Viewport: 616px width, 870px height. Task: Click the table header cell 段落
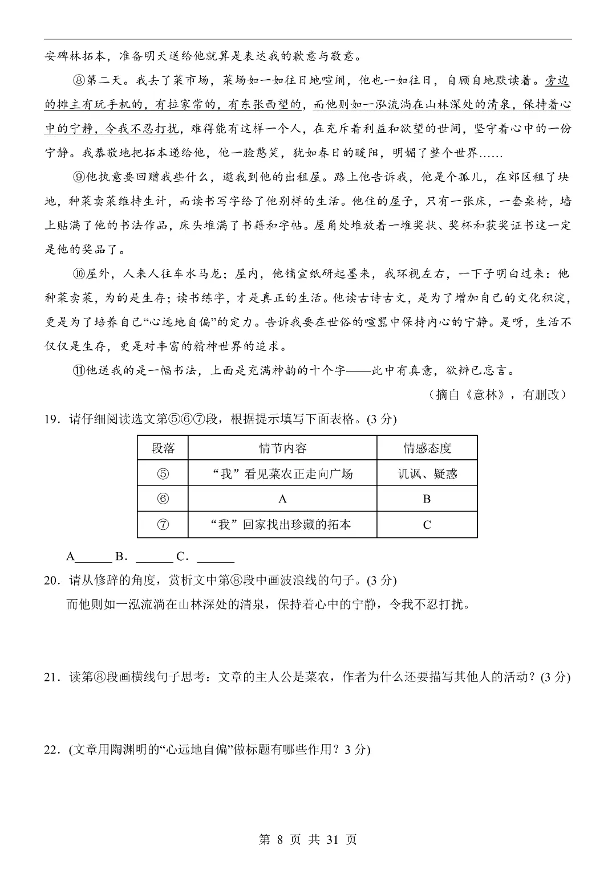163,448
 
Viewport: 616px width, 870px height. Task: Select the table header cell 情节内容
282,448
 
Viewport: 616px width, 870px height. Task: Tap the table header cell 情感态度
427,448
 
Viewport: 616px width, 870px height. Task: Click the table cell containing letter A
282,499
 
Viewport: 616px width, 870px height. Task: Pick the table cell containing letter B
427,499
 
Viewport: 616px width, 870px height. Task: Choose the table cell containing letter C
427,525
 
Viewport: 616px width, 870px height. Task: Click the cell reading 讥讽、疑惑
427,473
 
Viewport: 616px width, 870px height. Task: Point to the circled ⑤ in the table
163,473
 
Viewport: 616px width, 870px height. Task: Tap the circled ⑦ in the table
163,525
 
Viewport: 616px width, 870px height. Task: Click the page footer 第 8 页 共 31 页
308,839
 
